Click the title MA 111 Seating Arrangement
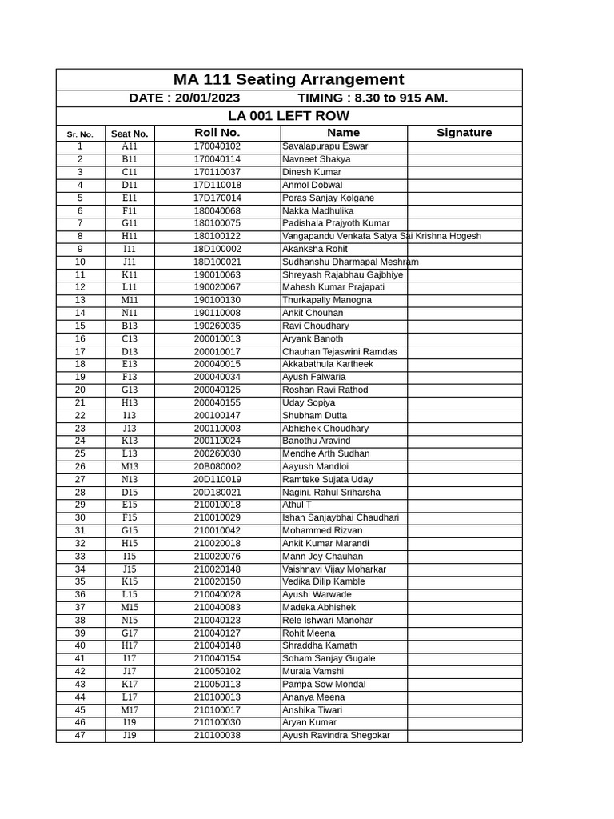point(289,79)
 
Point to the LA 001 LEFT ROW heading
point(289,116)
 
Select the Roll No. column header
point(217,133)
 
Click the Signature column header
point(464,133)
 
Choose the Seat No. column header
point(130,134)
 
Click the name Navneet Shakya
point(317,159)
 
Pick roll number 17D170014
point(217,198)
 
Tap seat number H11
point(130,236)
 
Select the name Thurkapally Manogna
point(327,300)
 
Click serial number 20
point(80,390)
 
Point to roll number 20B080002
point(217,466)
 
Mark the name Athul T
point(297,505)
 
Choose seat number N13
point(130,479)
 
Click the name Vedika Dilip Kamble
point(324,581)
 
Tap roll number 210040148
point(217,645)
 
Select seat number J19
point(130,735)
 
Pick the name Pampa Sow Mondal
point(324,684)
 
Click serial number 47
point(80,735)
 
